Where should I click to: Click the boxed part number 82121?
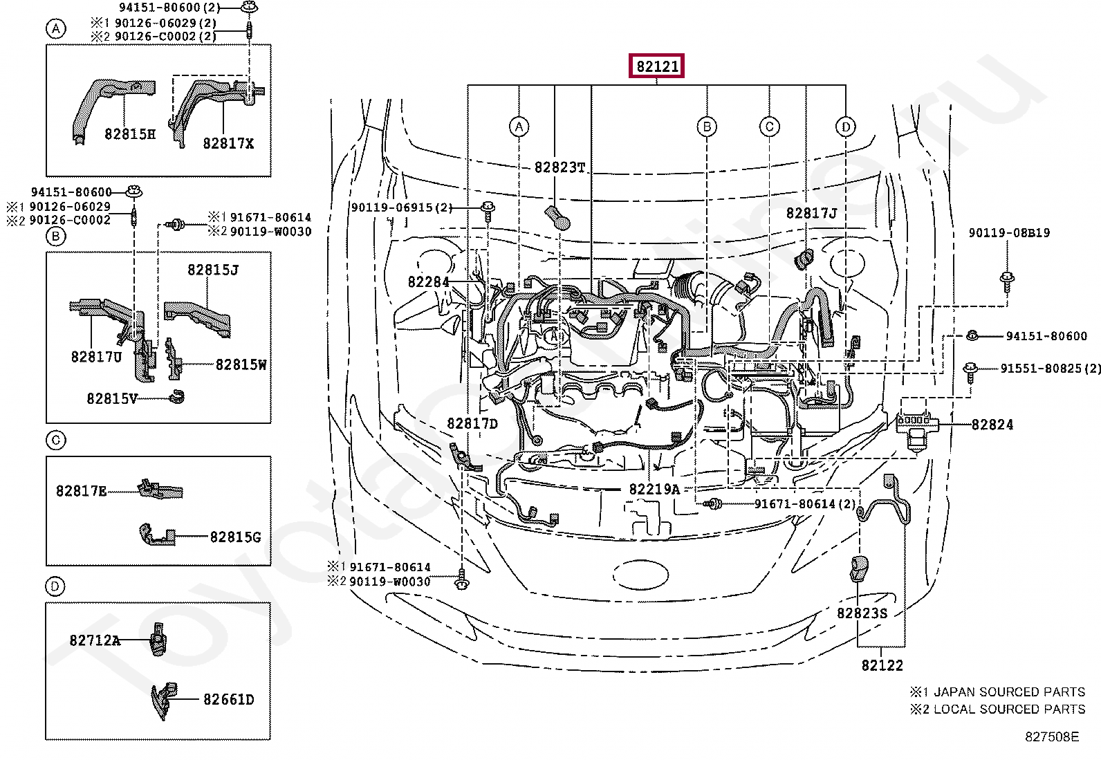click(656, 66)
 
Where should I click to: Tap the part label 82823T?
click(559, 167)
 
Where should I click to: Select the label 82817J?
click(811, 214)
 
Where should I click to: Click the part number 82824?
click(992, 425)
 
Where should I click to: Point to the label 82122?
click(882, 665)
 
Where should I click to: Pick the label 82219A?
click(654, 489)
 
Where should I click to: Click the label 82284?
click(428, 281)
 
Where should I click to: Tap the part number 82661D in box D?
click(228, 700)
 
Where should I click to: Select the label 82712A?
click(95, 640)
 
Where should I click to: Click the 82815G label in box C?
click(235, 537)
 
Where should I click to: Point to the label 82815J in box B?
click(212, 270)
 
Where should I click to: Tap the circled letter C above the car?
click(769, 127)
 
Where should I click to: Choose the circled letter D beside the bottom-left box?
click(55, 586)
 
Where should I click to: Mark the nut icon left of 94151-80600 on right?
click(971, 336)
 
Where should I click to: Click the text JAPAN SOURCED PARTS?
click(1009, 692)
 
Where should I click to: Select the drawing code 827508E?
click(1051, 736)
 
